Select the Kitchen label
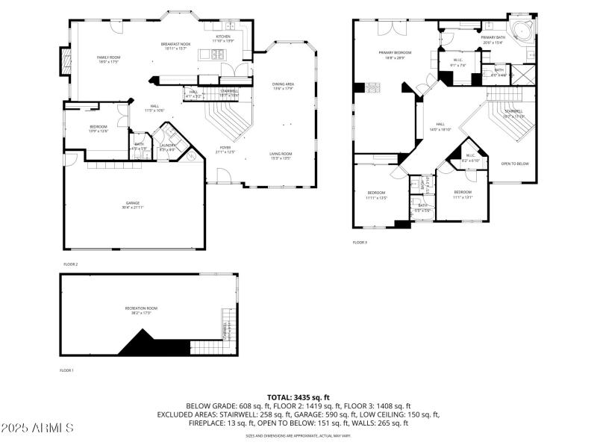224,37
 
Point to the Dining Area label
283,85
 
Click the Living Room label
281,155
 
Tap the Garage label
133,204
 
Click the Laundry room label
167,146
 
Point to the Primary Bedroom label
395,54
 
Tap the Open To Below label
515,164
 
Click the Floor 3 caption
360,242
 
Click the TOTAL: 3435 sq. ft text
298,397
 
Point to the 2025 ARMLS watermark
37,429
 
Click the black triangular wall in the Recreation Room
153,344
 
